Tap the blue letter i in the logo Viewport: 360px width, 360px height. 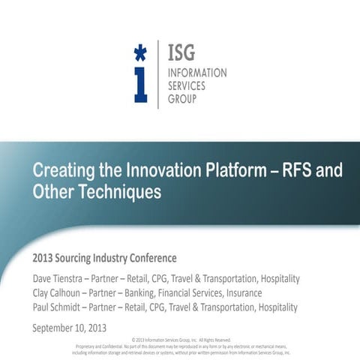(140, 85)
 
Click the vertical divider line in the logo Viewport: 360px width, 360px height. (158, 74)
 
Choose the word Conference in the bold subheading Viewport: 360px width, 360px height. (149, 259)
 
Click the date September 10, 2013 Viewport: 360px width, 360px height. (70, 327)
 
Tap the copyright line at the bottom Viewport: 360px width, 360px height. (181, 340)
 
